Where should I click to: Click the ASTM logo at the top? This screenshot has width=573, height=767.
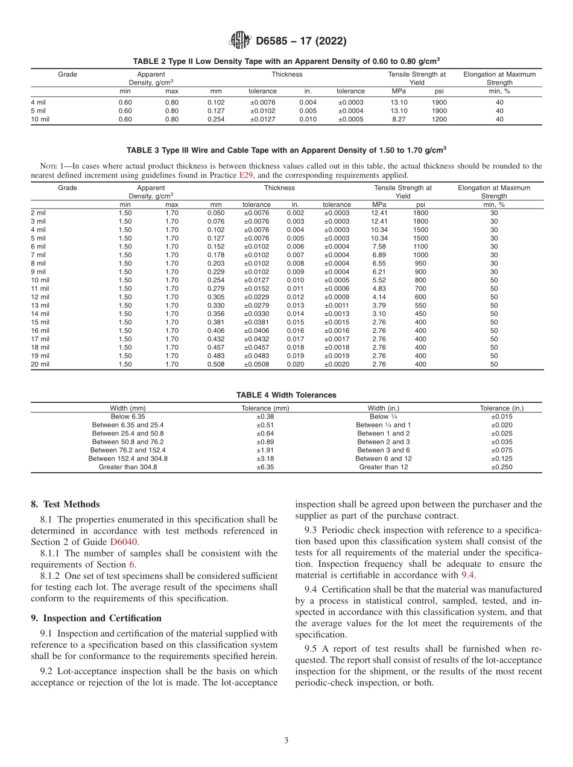[x=239, y=41]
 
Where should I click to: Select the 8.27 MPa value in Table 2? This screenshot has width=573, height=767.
[x=399, y=119]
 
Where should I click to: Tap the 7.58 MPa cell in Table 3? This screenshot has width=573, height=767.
[x=379, y=247]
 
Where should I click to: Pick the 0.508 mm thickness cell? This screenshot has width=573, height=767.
[x=215, y=365]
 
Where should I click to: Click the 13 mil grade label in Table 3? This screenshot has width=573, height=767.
[x=40, y=306]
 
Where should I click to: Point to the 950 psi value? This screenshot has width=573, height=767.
[x=420, y=264]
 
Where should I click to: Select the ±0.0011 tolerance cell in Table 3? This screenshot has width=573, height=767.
[x=337, y=306]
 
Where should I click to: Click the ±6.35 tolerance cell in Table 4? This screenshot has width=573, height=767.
[x=265, y=467]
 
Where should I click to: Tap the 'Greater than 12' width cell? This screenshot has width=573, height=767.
[x=384, y=467]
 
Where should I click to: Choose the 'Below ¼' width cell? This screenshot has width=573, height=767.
[x=384, y=416]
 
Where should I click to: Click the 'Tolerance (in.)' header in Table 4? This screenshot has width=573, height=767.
[x=501, y=408]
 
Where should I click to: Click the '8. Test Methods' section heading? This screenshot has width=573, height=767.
[x=65, y=504]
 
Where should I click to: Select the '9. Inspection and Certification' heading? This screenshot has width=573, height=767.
[x=96, y=618]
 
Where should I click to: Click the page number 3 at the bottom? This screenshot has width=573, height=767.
[x=286, y=741]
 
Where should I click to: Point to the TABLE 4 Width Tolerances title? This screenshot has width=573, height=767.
[x=286, y=395]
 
